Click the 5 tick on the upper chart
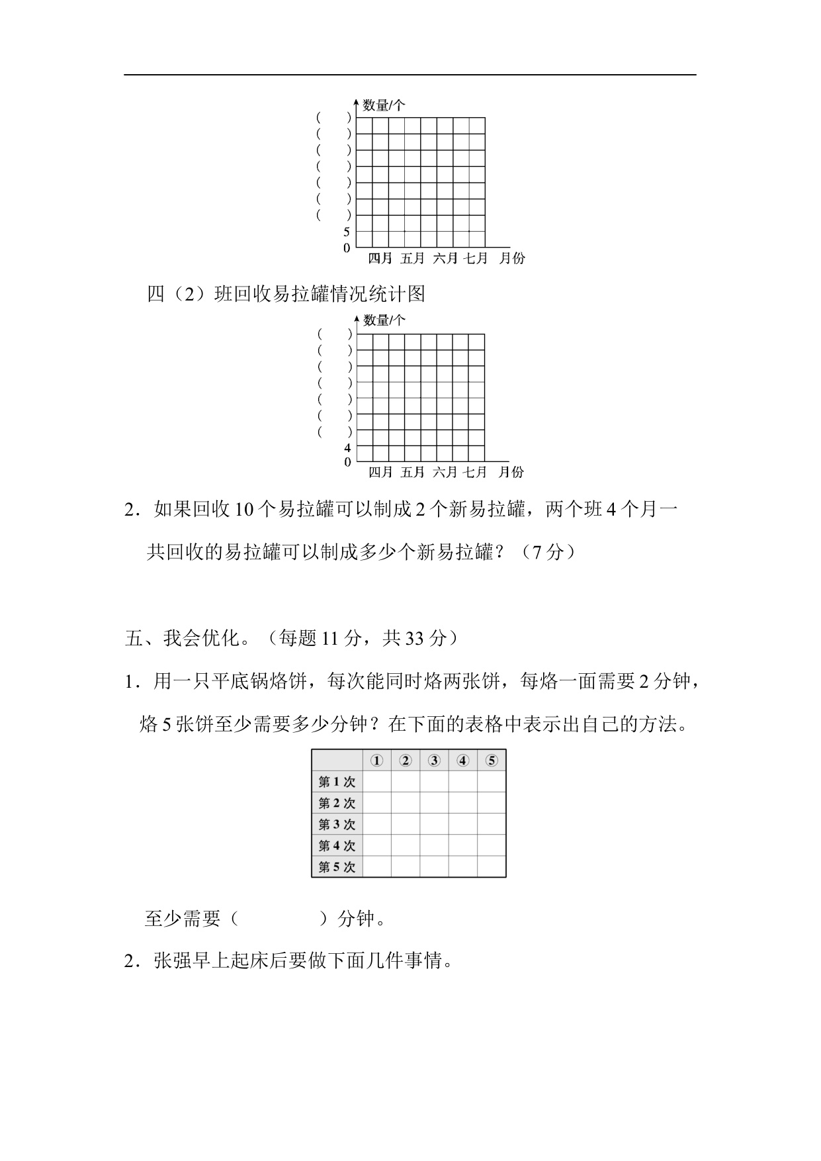click(x=346, y=232)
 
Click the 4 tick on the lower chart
click(x=347, y=447)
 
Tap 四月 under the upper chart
click(x=380, y=258)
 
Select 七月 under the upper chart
click(x=475, y=258)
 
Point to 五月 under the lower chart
click(x=412, y=472)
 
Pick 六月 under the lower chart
click(x=445, y=472)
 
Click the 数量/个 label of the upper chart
click(x=384, y=105)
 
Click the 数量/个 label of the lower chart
click(x=384, y=320)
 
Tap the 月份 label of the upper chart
click(x=511, y=258)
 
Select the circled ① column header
click(x=376, y=761)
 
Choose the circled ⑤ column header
click(x=492, y=761)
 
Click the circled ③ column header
click(x=434, y=761)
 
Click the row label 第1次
click(x=337, y=782)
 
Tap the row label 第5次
click(x=337, y=866)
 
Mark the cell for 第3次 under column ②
click(x=406, y=824)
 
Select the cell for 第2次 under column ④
click(x=463, y=803)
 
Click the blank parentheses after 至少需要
click(x=279, y=919)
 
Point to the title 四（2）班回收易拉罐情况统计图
click(x=286, y=294)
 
